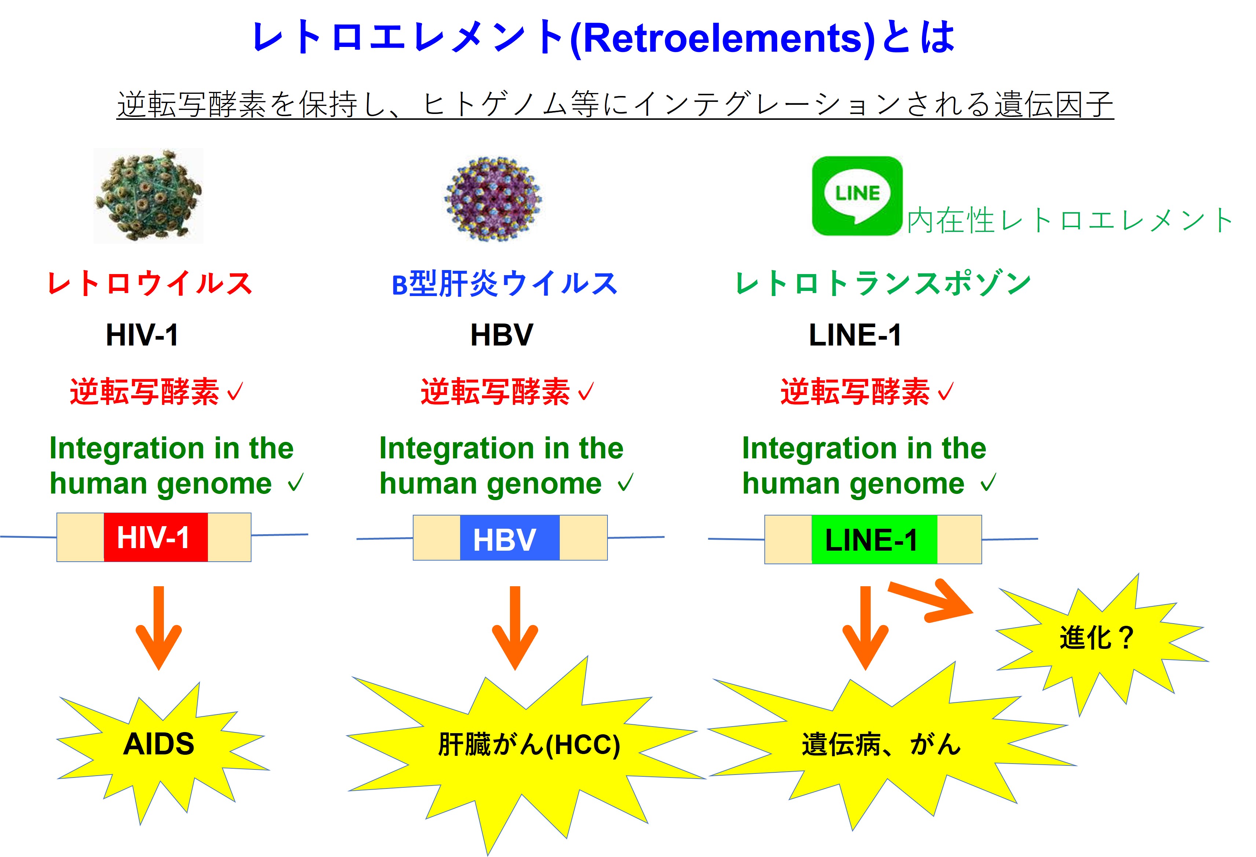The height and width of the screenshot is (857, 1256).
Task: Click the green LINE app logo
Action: click(x=857, y=196)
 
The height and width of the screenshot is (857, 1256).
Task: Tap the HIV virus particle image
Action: click(x=148, y=196)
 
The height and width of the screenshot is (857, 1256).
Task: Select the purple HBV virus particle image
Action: click(x=492, y=198)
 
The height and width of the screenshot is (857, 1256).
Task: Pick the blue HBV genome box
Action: click(x=509, y=538)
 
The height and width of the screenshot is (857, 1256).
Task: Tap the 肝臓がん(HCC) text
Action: click(x=529, y=745)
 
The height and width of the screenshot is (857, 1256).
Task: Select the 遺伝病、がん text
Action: click(x=881, y=745)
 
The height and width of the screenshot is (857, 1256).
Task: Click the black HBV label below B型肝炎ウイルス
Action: click(x=502, y=335)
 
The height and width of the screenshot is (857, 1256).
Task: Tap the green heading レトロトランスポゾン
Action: click(x=883, y=284)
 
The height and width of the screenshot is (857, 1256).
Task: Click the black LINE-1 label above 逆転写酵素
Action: click(x=855, y=335)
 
